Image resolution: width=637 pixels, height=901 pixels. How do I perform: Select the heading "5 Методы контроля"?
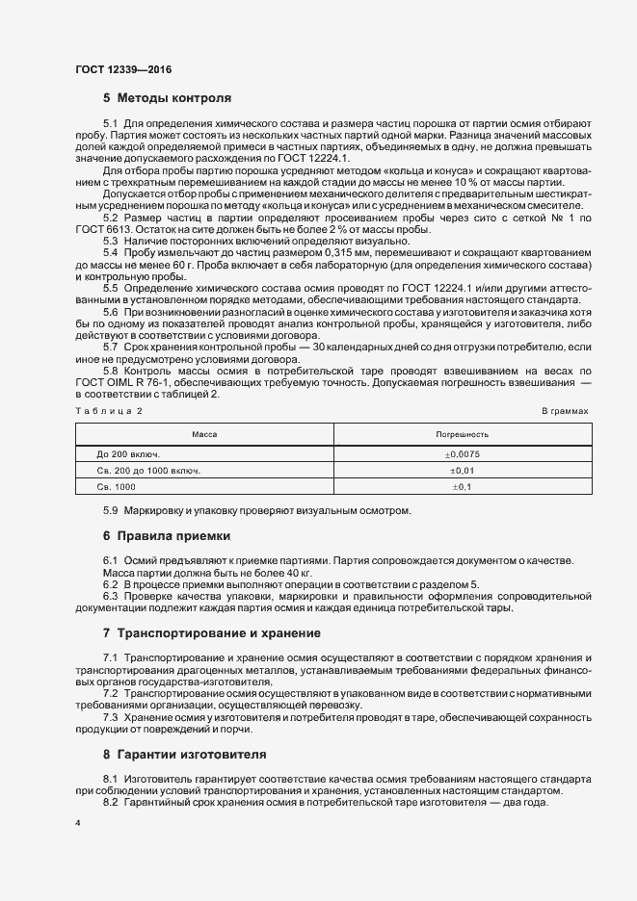pos(167,98)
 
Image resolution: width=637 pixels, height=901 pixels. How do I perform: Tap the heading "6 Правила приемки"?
pos(168,535)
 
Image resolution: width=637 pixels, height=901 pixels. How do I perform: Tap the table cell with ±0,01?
pos(462,471)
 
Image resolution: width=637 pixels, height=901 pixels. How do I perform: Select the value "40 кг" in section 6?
pos(246,573)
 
